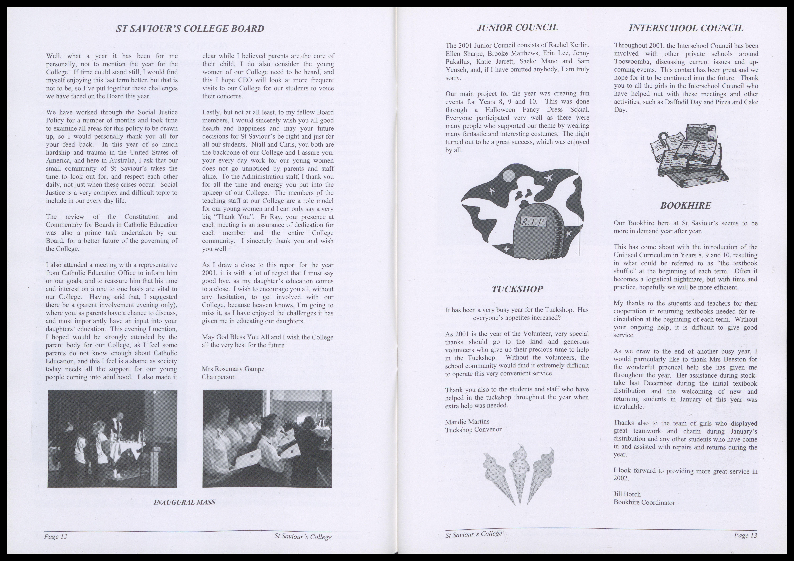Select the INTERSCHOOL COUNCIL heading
686,28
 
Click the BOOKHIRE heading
685,205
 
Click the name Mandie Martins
467,422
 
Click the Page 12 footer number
55,536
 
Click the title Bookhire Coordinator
644,503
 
